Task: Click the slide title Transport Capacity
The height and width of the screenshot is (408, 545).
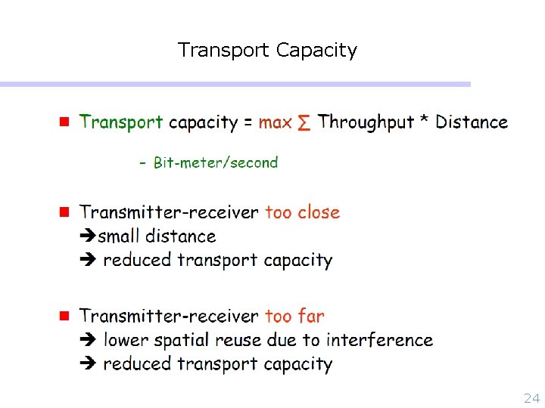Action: click(x=267, y=51)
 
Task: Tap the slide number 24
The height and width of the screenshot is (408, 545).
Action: click(x=531, y=398)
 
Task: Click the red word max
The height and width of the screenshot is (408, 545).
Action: click(x=275, y=122)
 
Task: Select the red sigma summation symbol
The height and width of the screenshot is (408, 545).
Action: click(x=304, y=122)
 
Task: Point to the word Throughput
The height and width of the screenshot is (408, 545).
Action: click(x=366, y=122)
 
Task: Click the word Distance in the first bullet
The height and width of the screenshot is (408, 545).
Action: click(x=472, y=122)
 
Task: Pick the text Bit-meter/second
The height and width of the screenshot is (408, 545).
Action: click(x=216, y=162)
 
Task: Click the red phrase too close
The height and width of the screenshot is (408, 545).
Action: click(x=303, y=212)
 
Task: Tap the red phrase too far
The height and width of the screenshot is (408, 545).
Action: click(x=294, y=316)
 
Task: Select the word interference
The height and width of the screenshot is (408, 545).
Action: click(x=379, y=340)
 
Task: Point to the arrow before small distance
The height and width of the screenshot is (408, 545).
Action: click(x=88, y=236)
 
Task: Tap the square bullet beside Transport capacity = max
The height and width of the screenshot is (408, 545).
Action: click(x=64, y=121)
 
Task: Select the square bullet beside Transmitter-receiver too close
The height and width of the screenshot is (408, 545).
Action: click(x=64, y=212)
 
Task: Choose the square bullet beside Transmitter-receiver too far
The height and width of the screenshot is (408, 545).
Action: click(x=64, y=315)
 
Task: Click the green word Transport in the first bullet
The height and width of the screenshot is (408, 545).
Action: click(x=121, y=122)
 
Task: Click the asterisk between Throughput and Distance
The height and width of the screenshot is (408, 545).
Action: click(x=425, y=121)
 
